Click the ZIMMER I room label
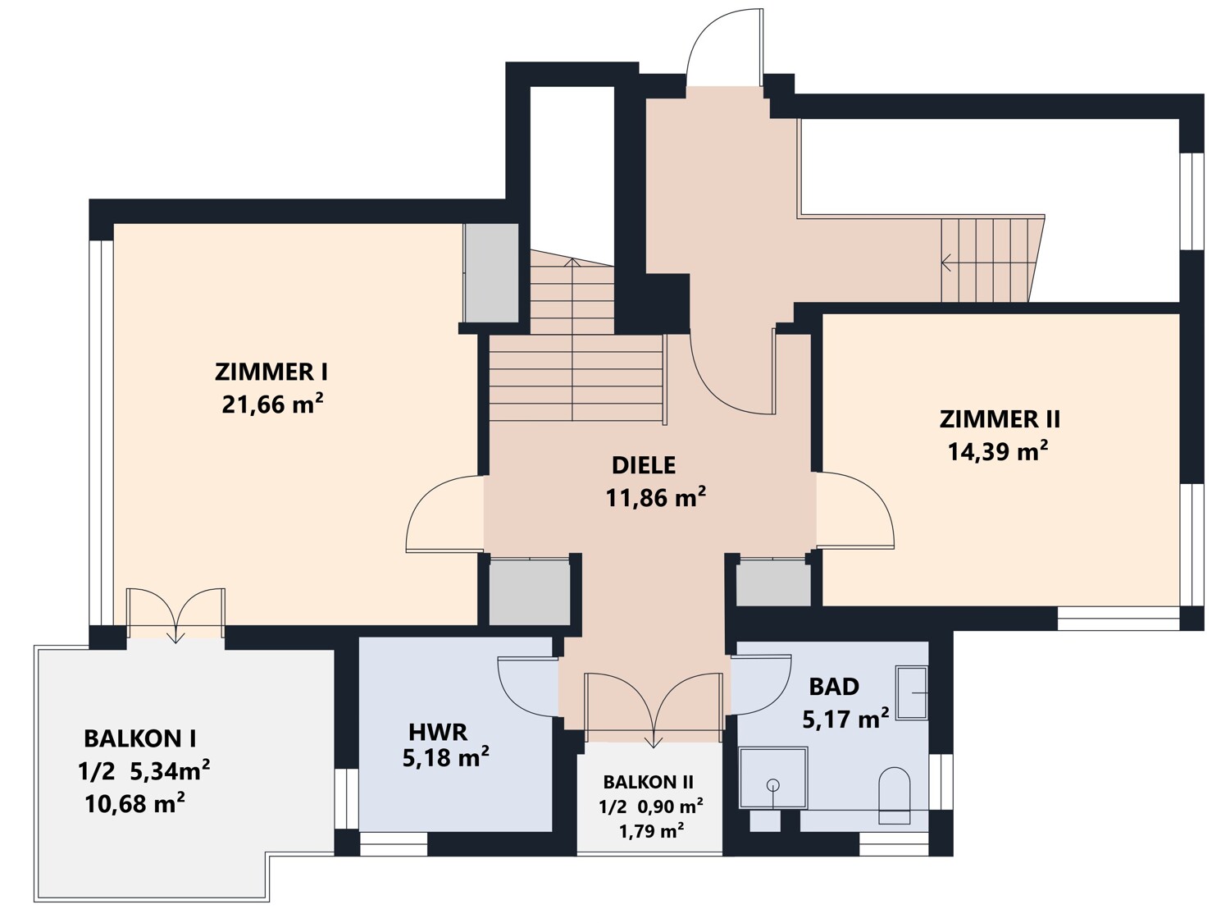(x=271, y=372)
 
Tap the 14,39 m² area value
(x=998, y=451)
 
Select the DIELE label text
(x=644, y=465)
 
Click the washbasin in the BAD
(x=912, y=692)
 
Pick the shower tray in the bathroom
(x=773, y=778)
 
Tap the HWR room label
(x=438, y=730)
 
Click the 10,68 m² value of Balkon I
(x=134, y=802)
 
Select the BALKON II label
(x=649, y=782)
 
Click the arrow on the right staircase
(x=948, y=263)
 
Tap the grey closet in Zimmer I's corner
(x=491, y=273)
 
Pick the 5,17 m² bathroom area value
(x=845, y=720)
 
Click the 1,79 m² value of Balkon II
(x=651, y=831)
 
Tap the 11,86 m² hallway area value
(x=656, y=497)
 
